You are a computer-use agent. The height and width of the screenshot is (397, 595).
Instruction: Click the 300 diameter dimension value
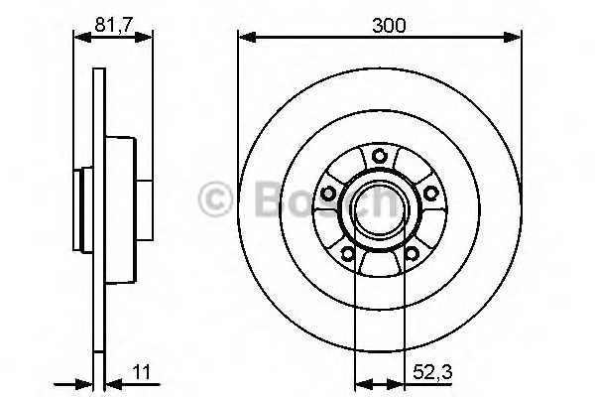390,25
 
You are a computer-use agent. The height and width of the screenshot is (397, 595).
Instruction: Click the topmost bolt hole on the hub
379,155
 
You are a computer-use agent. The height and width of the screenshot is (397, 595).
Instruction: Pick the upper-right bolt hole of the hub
429,193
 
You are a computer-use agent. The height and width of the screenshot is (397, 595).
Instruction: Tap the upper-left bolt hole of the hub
328,193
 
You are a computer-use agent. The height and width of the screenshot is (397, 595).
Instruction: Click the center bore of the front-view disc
379,208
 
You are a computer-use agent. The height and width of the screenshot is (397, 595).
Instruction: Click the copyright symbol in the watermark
215,198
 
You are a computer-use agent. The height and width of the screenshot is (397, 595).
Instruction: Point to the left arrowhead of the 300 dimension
244,39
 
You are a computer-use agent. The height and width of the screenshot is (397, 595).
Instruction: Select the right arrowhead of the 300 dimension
516,39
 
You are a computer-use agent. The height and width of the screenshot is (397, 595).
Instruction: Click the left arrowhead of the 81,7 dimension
80,39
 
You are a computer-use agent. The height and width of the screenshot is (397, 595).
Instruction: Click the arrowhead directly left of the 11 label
110,383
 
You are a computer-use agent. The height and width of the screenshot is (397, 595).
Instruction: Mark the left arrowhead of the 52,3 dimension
361,383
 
